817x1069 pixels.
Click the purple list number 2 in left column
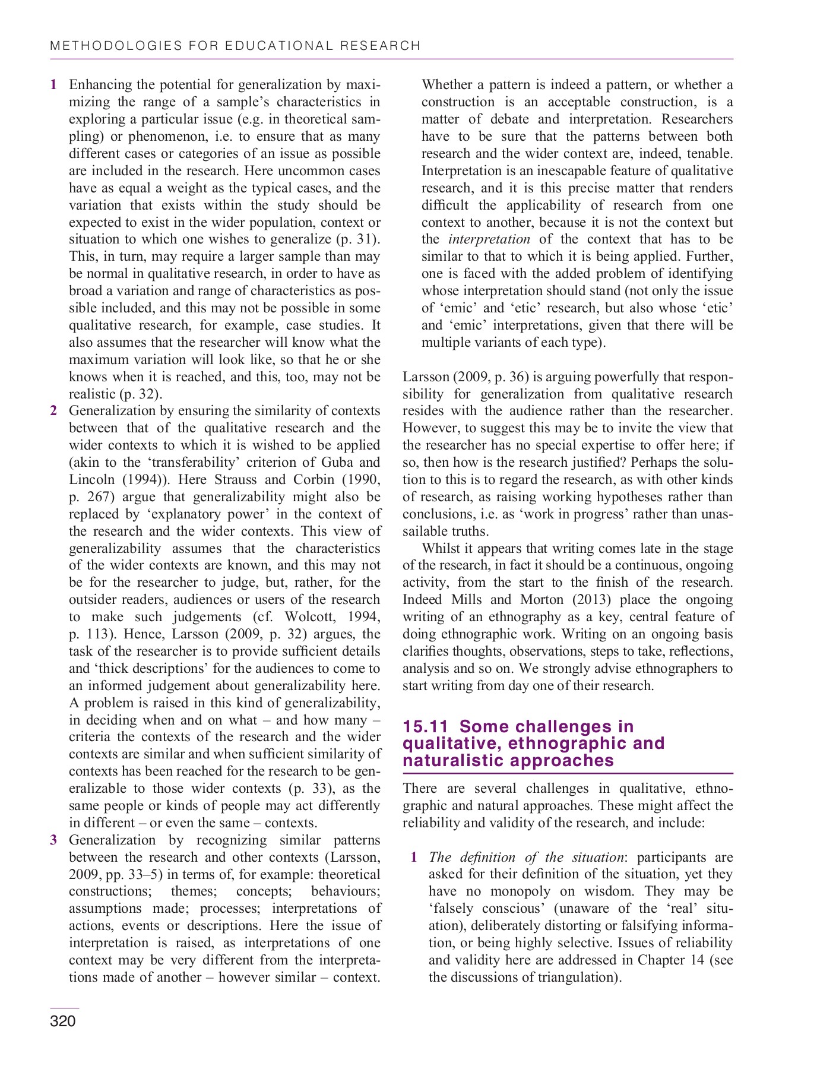(x=54, y=411)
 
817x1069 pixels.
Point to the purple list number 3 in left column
(x=54, y=840)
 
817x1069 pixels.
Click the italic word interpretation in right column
(x=489, y=239)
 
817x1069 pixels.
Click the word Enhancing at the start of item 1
(x=100, y=85)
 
